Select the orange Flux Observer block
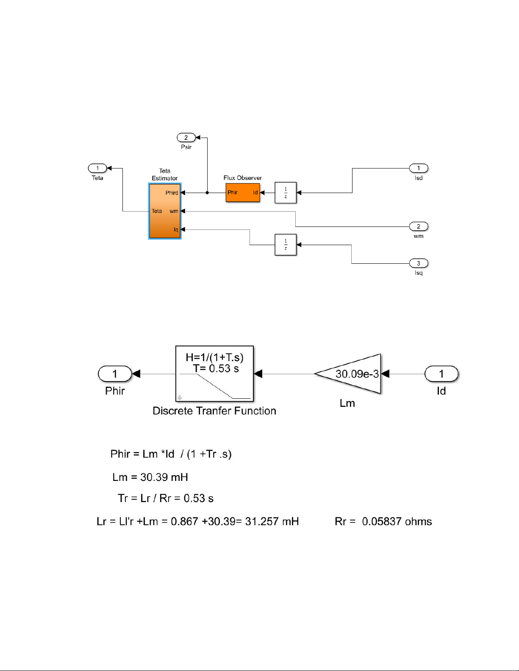[242, 193]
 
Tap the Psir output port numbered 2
[186, 138]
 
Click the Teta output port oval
[97, 168]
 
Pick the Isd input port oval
[419, 168]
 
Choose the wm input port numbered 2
[419, 226]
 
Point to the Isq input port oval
[419, 263]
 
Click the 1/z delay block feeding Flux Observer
[286, 193]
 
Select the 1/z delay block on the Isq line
[286, 245]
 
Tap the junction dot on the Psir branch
[207, 193]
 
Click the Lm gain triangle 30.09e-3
[352, 374]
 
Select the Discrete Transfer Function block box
[214, 373]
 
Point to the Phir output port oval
[115, 374]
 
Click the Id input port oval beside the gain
[441, 374]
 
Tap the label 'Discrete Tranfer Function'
[214, 411]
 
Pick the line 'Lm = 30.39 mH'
[150, 478]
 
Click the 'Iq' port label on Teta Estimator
[176, 229]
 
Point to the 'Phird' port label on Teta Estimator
[172, 193]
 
